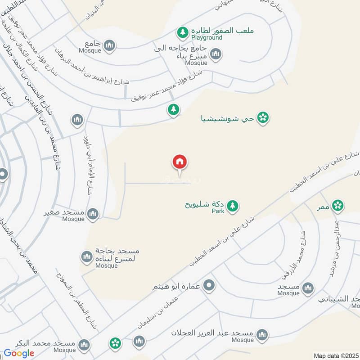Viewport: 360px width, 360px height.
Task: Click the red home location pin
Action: coord(180,162)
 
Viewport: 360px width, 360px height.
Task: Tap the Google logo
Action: coord(19,353)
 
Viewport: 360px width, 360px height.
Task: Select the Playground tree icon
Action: coord(182,32)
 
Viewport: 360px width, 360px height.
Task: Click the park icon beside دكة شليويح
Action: coord(232,206)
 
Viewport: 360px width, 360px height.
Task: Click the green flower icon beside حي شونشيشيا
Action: coord(263,118)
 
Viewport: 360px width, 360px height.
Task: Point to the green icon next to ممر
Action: coord(337,206)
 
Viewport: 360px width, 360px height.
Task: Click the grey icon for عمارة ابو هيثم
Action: coord(209,285)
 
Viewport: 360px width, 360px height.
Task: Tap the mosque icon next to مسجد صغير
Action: coord(93,214)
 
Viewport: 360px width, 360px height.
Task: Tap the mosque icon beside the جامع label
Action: coord(109,45)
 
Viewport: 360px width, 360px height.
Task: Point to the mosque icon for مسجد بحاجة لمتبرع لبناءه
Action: coord(87,257)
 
